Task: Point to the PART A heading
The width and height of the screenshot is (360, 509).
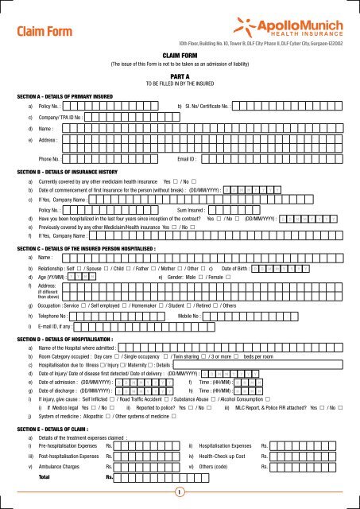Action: [x=179, y=75]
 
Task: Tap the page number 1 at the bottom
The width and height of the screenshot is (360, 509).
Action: [x=180, y=492]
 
